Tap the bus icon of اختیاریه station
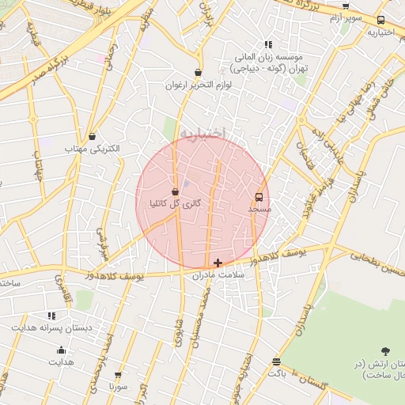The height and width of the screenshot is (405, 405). (x=381, y=21)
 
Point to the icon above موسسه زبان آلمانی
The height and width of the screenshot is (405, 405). (x=269, y=44)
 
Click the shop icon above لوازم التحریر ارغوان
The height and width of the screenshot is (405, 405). (x=198, y=73)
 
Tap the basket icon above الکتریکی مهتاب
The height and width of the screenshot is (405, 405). (x=93, y=136)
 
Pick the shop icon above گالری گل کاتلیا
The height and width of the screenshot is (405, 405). (x=176, y=191)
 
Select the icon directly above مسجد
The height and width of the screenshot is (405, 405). (x=259, y=197)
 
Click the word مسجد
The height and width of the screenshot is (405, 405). (x=259, y=210)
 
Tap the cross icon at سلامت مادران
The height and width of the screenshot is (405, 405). (x=218, y=263)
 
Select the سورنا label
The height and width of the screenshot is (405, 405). (x=119, y=388)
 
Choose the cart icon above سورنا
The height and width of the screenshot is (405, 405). (x=119, y=376)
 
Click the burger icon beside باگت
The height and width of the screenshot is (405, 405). (x=276, y=362)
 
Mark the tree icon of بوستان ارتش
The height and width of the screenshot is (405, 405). (x=385, y=350)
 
